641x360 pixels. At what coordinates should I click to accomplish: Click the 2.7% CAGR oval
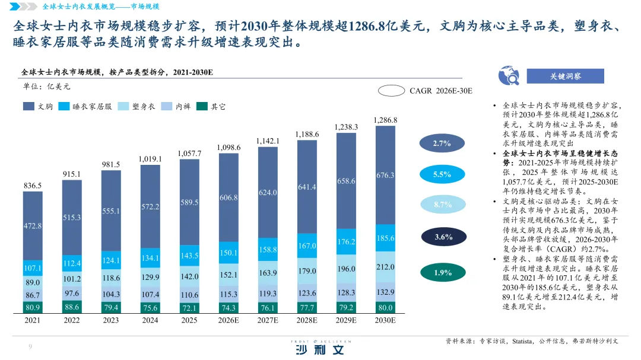442,144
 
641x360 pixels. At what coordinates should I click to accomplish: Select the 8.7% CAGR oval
442,205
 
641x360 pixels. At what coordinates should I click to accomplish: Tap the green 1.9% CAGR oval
442,273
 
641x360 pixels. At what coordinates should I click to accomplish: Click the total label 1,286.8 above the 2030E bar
385,120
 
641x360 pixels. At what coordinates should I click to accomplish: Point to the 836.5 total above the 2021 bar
33,186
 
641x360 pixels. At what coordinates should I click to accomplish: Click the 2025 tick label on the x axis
189,320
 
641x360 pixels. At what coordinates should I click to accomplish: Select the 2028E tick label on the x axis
307,320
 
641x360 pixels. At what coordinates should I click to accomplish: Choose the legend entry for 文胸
39,107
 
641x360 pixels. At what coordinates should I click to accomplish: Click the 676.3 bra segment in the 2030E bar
385,176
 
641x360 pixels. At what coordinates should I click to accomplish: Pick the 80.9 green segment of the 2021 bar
33,307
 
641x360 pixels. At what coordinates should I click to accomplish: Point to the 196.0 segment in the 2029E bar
346,269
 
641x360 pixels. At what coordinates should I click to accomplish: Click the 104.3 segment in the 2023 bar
111,294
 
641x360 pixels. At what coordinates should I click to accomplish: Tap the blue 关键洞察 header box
565,76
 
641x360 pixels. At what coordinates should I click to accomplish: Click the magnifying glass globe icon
509,76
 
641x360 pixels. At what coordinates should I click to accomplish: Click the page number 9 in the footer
30,347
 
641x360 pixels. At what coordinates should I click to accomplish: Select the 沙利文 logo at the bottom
320,350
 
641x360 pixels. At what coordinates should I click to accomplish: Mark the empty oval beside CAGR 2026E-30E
391,91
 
